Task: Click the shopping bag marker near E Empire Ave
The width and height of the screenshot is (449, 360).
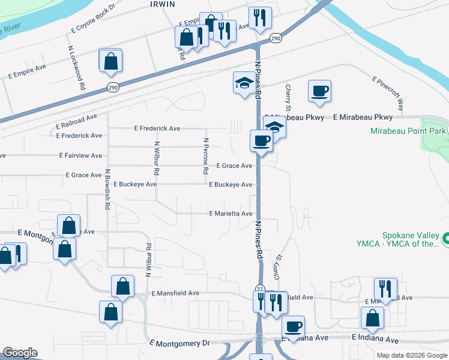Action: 111,61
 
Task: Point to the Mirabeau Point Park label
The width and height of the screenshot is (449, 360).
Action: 409,130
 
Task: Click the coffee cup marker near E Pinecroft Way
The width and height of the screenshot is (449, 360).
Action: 319,91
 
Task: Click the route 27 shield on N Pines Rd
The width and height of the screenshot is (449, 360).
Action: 259,288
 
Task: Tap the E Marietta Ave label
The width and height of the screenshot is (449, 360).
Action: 231,213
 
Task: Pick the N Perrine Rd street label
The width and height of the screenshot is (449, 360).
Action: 206,156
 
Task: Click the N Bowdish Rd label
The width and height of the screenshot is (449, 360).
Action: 107,189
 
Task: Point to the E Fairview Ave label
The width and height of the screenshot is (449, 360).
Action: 80,155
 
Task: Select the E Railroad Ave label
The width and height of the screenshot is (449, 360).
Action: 76,122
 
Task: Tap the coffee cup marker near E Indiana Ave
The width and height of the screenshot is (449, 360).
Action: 293,326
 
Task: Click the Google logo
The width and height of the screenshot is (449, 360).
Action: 20,352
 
